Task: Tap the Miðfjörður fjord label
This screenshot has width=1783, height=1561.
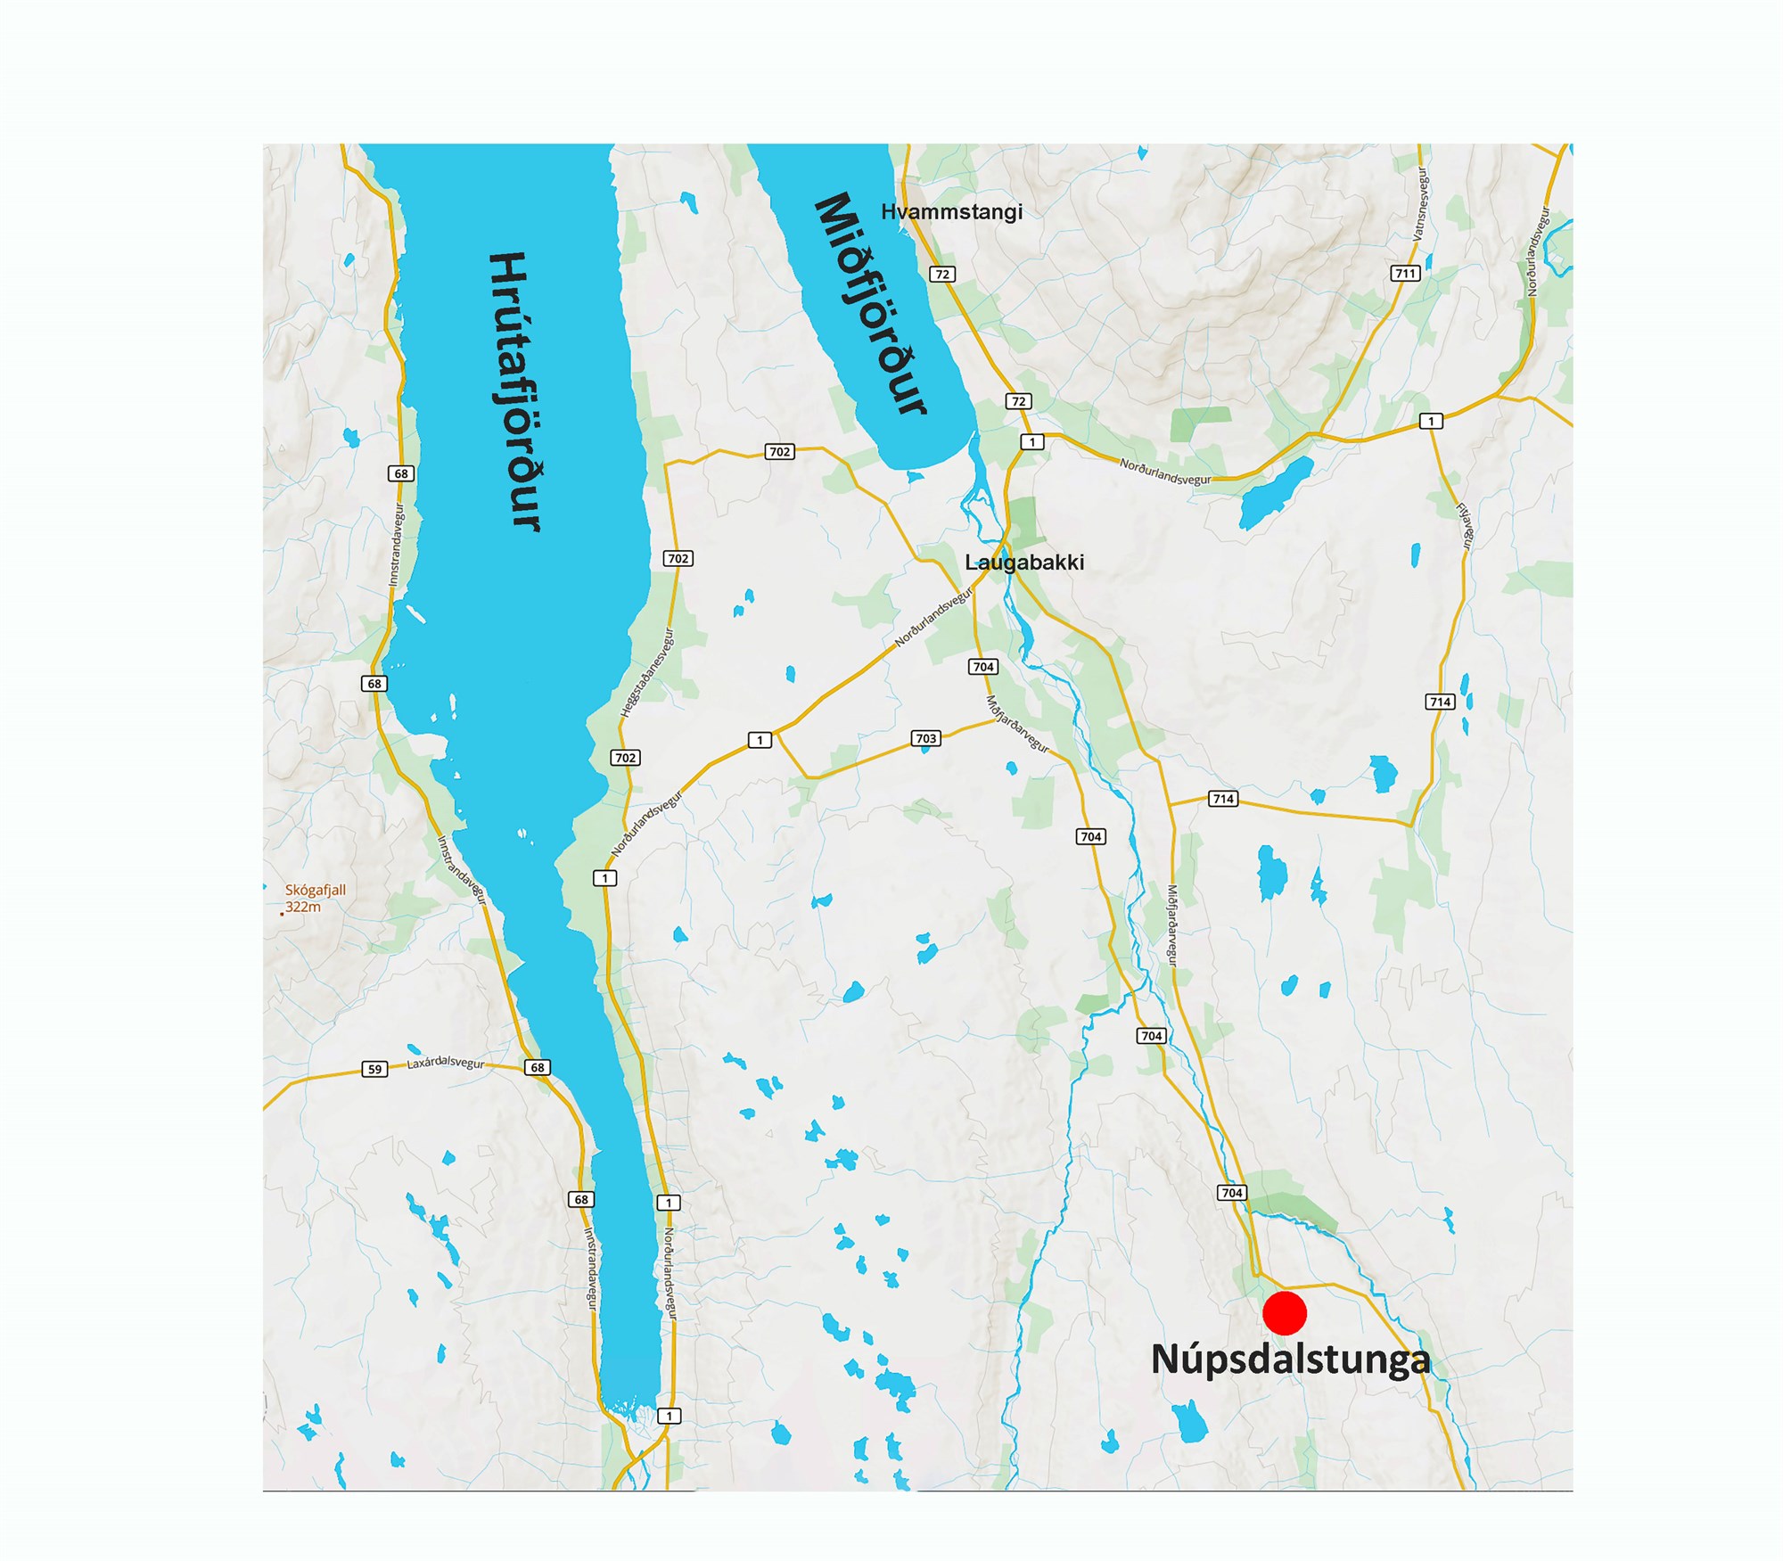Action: pyautogui.click(x=871, y=305)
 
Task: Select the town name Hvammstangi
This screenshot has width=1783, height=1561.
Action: pyautogui.click(x=951, y=212)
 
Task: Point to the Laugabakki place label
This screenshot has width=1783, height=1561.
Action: pyautogui.click(x=1024, y=563)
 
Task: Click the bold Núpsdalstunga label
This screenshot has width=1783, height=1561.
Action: pyautogui.click(x=1290, y=1360)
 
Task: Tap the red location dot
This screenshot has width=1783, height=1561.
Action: pyautogui.click(x=1285, y=1313)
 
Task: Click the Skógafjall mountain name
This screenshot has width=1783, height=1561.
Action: pyautogui.click(x=316, y=890)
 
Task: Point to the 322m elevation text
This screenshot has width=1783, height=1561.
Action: pyautogui.click(x=303, y=907)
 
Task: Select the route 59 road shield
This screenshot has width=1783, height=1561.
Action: pyautogui.click(x=374, y=1069)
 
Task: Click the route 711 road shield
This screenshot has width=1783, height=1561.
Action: pyautogui.click(x=1405, y=274)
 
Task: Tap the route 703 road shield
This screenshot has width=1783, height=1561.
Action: pyautogui.click(x=926, y=738)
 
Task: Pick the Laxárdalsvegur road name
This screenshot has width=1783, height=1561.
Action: pyautogui.click(x=445, y=1064)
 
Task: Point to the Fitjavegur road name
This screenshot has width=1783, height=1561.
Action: pyautogui.click(x=1465, y=526)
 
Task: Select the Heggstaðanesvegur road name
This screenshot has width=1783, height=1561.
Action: pyautogui.click(x=647, y=673)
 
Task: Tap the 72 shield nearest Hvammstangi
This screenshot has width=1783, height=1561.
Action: pyautogui.click(x=942, y=274)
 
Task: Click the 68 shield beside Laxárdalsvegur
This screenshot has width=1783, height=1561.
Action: pyautogui.click(x=537, y=1067)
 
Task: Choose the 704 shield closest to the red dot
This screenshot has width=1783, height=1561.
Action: pyautogui.click(x=1231, y=1193)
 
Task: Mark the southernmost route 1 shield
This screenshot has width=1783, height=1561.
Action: pyautogui.click(x=669, y=1416)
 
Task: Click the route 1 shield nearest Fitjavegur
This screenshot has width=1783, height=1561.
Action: pyautogui.click(x=1431, y=421)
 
